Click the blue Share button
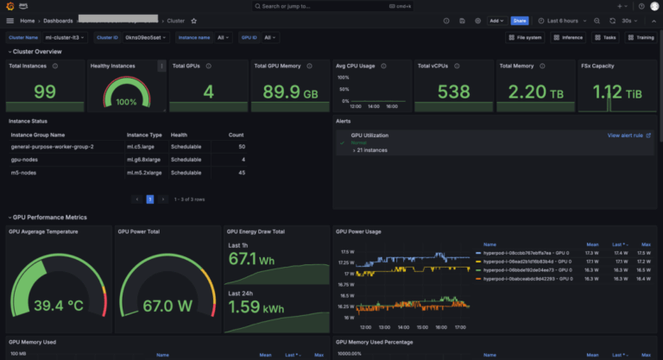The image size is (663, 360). point(520,20)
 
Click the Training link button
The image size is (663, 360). point(641,37)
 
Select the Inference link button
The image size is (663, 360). point(568,37)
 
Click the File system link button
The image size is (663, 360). point(525,37)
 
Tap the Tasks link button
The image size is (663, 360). point(606,37)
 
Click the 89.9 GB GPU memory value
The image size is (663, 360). point(289,92)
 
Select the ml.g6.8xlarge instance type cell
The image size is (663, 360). point(144,160)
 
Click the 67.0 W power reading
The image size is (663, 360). point(167,306)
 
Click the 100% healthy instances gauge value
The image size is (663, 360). point(126,102)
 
